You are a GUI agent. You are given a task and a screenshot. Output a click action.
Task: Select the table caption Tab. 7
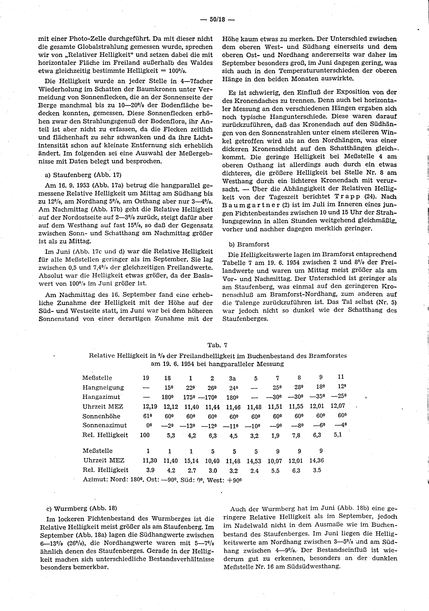(x=217, y=345)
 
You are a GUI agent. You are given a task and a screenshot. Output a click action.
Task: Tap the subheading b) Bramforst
(x=249, y=244)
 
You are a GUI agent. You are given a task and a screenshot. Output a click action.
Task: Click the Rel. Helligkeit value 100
(x=145, y=435)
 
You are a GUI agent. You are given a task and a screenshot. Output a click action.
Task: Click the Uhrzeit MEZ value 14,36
(x=317, y=460)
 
